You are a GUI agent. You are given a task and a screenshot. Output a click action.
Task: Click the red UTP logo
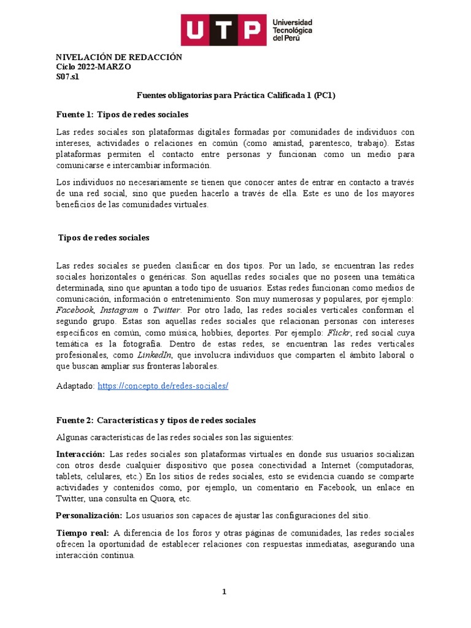point(222,29)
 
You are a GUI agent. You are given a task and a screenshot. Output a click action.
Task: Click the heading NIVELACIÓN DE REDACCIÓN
point(119,57)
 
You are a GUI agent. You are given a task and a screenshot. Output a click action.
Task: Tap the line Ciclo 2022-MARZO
point(93,67)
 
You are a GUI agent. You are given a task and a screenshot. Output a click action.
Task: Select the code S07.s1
point(67,77)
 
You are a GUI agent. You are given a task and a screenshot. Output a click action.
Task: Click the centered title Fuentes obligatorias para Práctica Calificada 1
point(235,96)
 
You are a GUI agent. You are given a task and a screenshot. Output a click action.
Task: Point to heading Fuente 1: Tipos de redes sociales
point(122,115)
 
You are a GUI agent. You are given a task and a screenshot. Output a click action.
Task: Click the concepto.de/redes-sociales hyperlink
point(163,386)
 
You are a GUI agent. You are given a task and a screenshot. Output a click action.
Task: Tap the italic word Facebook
point(75,310)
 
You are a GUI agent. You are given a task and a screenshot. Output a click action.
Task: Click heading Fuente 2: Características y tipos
point(156,420)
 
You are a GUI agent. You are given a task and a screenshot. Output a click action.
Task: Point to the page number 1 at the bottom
point(224,592)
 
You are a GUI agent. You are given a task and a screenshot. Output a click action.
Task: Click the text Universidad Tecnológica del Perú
point(292,29)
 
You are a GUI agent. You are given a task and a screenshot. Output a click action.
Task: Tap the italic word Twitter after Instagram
point(167,310)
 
